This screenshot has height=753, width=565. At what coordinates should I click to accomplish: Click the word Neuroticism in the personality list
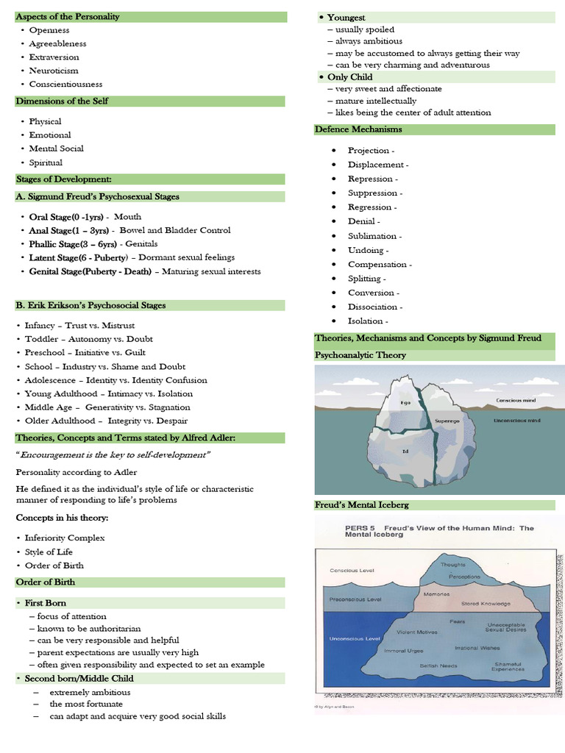pos(54,71)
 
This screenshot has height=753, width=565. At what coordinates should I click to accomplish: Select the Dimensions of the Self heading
pos(63,101)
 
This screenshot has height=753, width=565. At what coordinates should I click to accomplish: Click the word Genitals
pos(141,244)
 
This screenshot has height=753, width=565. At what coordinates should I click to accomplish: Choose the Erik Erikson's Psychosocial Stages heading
pos(90,305)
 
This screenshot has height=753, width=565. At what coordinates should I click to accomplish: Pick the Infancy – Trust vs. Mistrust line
pos(79,325)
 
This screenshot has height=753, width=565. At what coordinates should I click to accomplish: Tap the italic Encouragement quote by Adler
pos(113,455)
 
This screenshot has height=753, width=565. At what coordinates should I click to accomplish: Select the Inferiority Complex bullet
pos(65,538)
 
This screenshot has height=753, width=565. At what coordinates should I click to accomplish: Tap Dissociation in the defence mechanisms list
pos(376,307)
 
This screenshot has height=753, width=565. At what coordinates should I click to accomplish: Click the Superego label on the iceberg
pos(447,421)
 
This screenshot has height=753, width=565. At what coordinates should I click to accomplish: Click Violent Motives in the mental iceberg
pos(417,632)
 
